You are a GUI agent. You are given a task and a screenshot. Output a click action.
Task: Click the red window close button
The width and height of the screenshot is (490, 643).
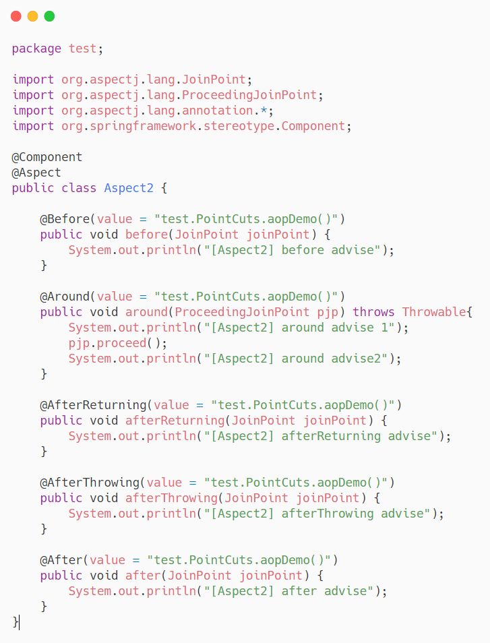16,16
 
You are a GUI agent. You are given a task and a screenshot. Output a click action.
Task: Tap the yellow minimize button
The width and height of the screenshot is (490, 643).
32,16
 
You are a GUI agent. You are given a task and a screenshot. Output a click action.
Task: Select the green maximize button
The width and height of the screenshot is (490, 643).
49,16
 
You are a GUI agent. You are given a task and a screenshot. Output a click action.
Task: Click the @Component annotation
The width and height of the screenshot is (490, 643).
47,157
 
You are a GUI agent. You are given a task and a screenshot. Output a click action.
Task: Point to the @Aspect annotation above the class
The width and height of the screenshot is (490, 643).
36,173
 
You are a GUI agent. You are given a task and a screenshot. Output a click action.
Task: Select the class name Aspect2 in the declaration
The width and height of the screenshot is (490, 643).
129,188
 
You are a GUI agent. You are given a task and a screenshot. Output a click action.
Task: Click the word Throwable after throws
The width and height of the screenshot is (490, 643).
434,312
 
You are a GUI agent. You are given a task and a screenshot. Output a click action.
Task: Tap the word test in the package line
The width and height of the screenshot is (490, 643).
82,49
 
